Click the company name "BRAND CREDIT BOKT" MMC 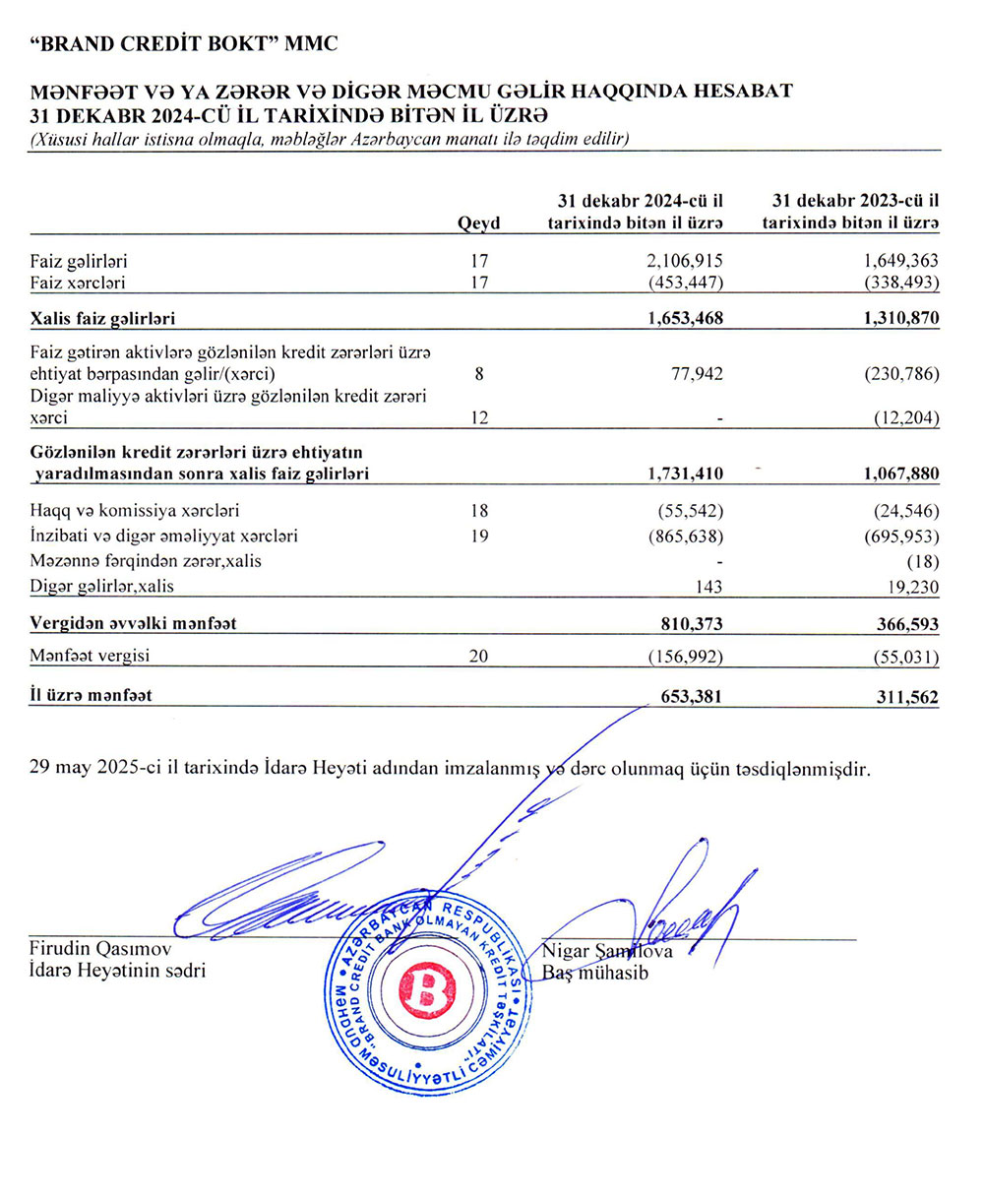click(x=183, y=43)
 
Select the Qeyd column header click(x=479, y=223)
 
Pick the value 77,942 click(x=697, y=374)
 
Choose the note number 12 click(x=479, y=418)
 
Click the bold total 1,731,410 click(x=686, y=474)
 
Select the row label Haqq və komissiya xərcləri click(x=135, y=511)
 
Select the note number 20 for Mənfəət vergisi click(x=479, y=658)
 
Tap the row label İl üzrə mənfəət click(x=91, y=696)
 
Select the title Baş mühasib click(x=595, y=973)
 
